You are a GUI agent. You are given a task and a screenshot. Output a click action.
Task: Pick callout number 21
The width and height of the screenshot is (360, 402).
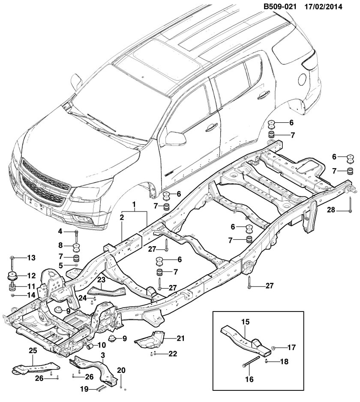click(180, 339)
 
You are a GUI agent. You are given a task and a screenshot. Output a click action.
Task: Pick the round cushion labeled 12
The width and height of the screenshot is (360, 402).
click(12, 275)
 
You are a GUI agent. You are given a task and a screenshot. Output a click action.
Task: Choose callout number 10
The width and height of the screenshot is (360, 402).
click(102, 344)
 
